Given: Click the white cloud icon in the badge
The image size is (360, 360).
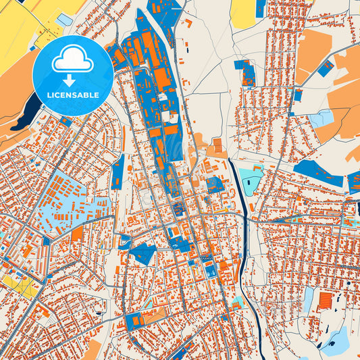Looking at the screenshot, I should pos(73,61).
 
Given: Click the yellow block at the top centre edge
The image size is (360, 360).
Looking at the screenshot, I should pos(243,14).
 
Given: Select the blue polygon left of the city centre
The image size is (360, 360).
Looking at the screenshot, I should pos(143,254).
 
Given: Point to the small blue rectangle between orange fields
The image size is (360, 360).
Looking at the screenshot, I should pos(326,68).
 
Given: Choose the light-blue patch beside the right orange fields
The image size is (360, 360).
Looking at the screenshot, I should pos(322,119).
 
